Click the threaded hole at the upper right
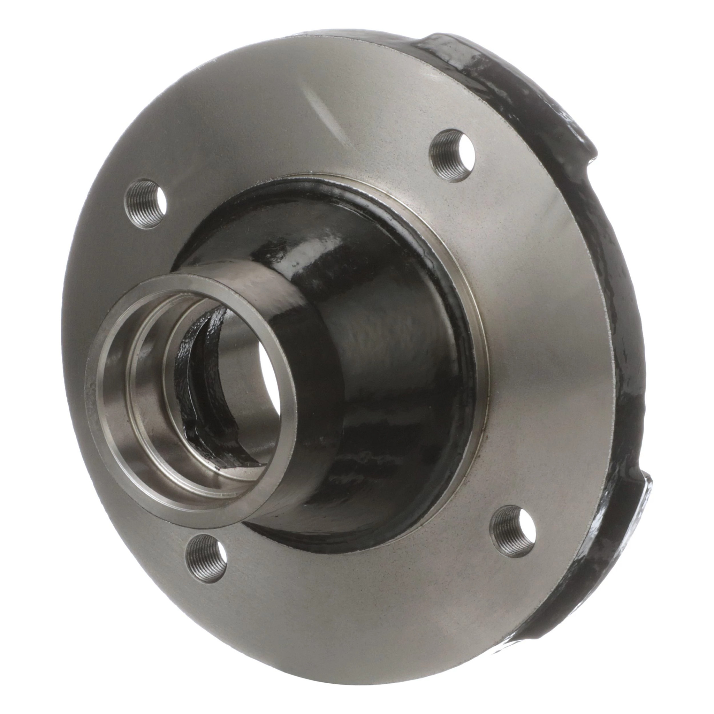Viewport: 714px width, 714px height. pyautogui.click(x=454, y=155)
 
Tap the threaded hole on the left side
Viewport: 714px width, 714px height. pyautogui.click(x=146, y=204)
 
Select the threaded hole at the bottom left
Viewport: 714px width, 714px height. pyautogui.click(x=206, y=560)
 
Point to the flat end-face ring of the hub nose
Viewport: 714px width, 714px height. pyautogui.click(x=111, y=392)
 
